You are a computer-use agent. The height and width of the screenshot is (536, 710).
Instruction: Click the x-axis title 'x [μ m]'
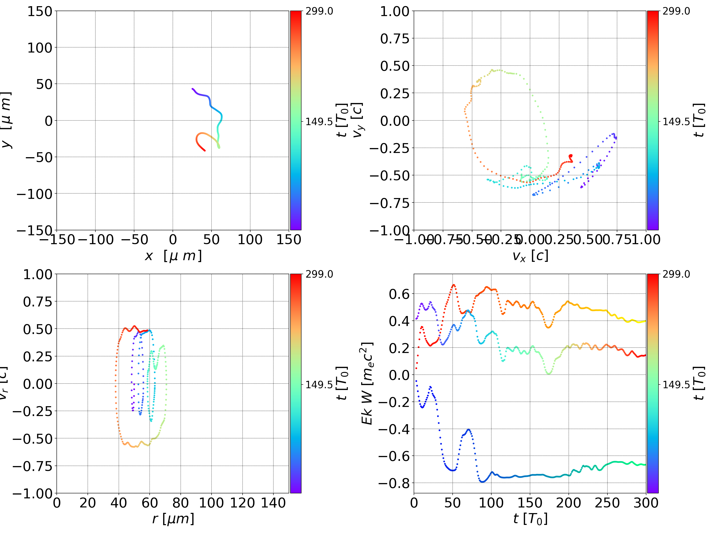pos(173,256)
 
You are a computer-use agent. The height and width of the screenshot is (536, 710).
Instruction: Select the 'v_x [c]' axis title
pos(530,256)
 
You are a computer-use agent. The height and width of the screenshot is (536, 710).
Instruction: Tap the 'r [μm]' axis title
pos(173,519)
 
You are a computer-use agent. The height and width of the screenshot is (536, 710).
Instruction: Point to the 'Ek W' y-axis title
pos(367,383)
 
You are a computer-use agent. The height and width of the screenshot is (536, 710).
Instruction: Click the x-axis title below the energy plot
pos(530,519)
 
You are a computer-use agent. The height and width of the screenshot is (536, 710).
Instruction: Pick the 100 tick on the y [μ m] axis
pos(39,48)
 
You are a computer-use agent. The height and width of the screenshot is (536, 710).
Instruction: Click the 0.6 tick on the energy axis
pos(399,294)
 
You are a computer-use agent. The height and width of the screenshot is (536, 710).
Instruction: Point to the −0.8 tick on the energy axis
pos(394,483)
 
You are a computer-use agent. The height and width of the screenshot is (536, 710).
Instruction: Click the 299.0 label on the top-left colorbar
pos(319,11)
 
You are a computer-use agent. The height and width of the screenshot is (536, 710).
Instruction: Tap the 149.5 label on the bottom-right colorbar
pos(676,384)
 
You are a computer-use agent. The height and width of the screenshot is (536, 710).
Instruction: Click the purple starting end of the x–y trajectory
pos(193,89)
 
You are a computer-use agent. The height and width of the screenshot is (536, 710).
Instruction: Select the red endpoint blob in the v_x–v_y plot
pos(570,156)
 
